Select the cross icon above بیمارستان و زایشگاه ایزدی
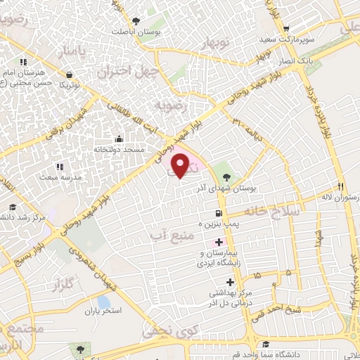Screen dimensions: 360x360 click(x=219, y=242)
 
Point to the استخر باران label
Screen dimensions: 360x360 click(x=103, y=310)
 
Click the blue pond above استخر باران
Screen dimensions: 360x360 click(x=104, y=301)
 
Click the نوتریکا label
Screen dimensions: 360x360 click(x=68, y=84)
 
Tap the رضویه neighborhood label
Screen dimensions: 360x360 click(x=173, y=107)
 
